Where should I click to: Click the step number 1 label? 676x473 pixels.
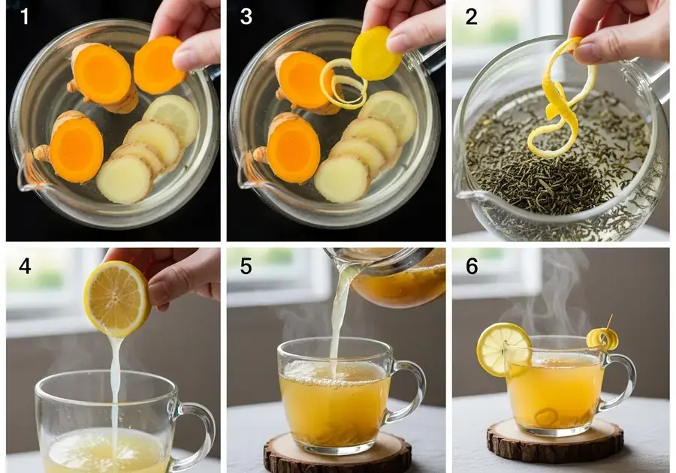pyautogui.click(x=25, y=17)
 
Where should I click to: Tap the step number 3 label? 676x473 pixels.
pyautogui.click(x=246, y=17)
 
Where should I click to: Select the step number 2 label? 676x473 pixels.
pyautogui.click(x=471, y=17)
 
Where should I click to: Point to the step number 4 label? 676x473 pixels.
pyautogui.click(x=25, y=267)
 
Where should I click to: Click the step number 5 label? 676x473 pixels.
pyautogui.click(x=246, y=267)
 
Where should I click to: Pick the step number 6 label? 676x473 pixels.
pyautogui.click(x=472, y=267)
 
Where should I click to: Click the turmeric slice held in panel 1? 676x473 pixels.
pyautogui.click(x=158, y=65)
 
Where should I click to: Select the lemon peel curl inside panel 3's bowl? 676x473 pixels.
pyautogui.click(x=343, y=84)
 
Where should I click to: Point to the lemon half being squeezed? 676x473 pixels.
pyautogui.click(x=117, y=299)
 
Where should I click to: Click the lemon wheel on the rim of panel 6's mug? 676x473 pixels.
pyautogui.click(x=503, y=350)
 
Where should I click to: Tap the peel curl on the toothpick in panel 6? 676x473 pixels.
pyautogui.click(x=602, y=339)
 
